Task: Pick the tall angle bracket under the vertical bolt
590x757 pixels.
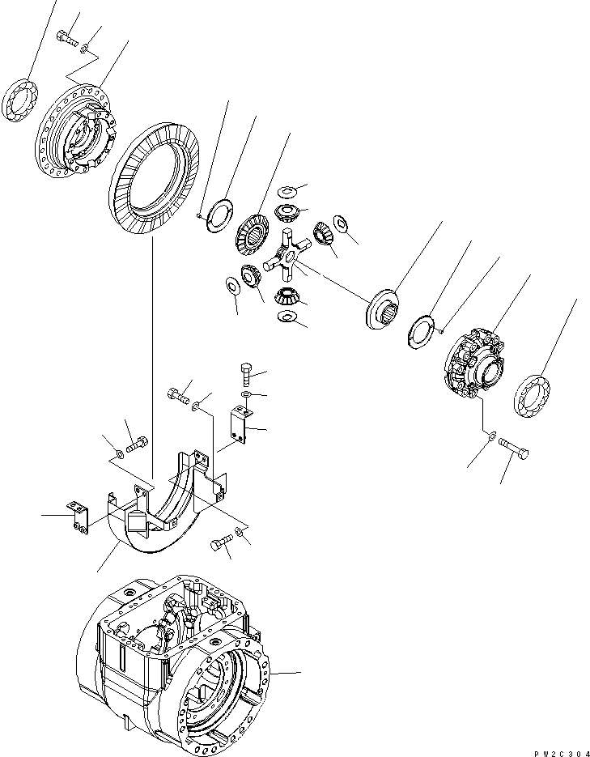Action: [236, 424]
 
